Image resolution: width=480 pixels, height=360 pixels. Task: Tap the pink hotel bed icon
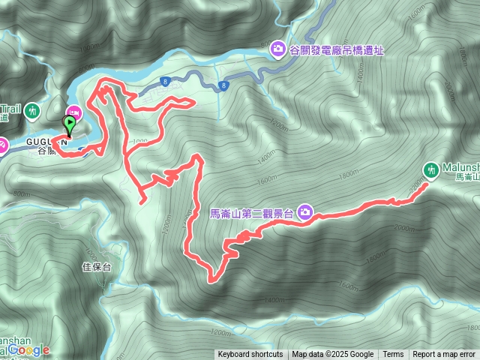pyautogui.click(x=79, y=112)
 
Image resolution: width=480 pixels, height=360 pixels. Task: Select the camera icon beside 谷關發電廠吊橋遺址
pyautogui.click(x=278, y=49)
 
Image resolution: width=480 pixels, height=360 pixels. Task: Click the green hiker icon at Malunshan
pyautogui.click(x=431, y=169)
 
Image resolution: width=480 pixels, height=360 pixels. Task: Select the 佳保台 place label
pyautogui.click(x=96, y=266)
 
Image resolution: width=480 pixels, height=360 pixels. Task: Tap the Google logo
pyautogui.click(x=29, y=350)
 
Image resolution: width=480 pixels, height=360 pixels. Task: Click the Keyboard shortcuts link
pyautogui.click(x=250, y=355)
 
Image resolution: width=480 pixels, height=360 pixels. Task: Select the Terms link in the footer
pyautogui.click(x=393, y=355)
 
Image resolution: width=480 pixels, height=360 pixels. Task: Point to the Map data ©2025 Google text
pyautogui.click(x=332, y=355)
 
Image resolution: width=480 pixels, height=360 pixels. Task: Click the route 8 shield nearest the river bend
pyautogui.click(x=163, y=81)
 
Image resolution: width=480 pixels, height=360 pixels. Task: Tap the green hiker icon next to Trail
pyautogui.click(x=32, y=112)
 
